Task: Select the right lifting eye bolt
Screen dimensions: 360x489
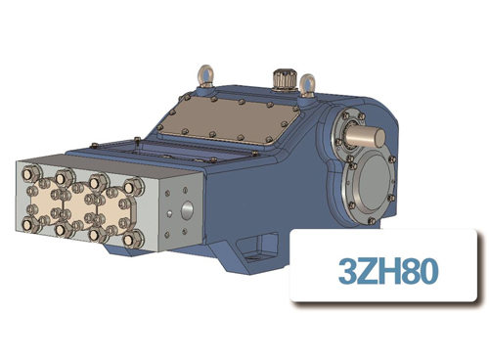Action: tap(307, 86)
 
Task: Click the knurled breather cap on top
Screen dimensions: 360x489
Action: tap(285, 76)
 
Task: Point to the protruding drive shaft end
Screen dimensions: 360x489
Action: tap(364, 128)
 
